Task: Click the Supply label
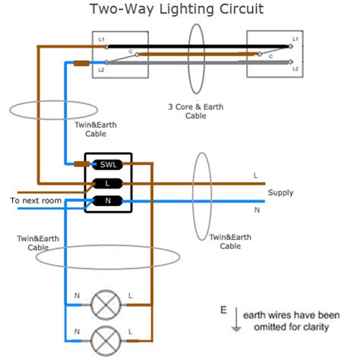(x=280, y=193)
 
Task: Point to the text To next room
(x=35, y=201)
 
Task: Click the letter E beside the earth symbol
(x=223, y=311)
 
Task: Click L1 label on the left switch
(x=101, y=38)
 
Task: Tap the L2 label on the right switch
(x=295, y=69)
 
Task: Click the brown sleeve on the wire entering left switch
(x=81, y=64)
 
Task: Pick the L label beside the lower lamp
(x=131, y=330)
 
